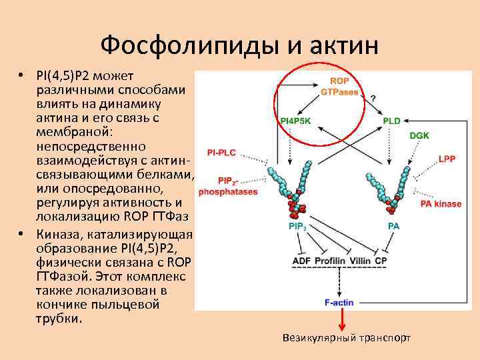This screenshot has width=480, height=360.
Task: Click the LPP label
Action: (447, 159)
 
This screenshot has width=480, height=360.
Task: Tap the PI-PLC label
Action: (222, 153)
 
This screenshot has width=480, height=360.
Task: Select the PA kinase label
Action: (441, 204)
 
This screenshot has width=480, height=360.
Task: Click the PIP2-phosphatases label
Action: (228, 186)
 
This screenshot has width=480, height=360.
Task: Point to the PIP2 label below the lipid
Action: (297, 227)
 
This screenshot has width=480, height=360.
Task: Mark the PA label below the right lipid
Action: (393, 227)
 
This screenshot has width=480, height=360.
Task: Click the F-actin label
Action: (339, 302)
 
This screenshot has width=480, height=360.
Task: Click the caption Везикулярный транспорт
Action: (347, 338)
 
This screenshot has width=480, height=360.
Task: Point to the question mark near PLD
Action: (373, 98)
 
